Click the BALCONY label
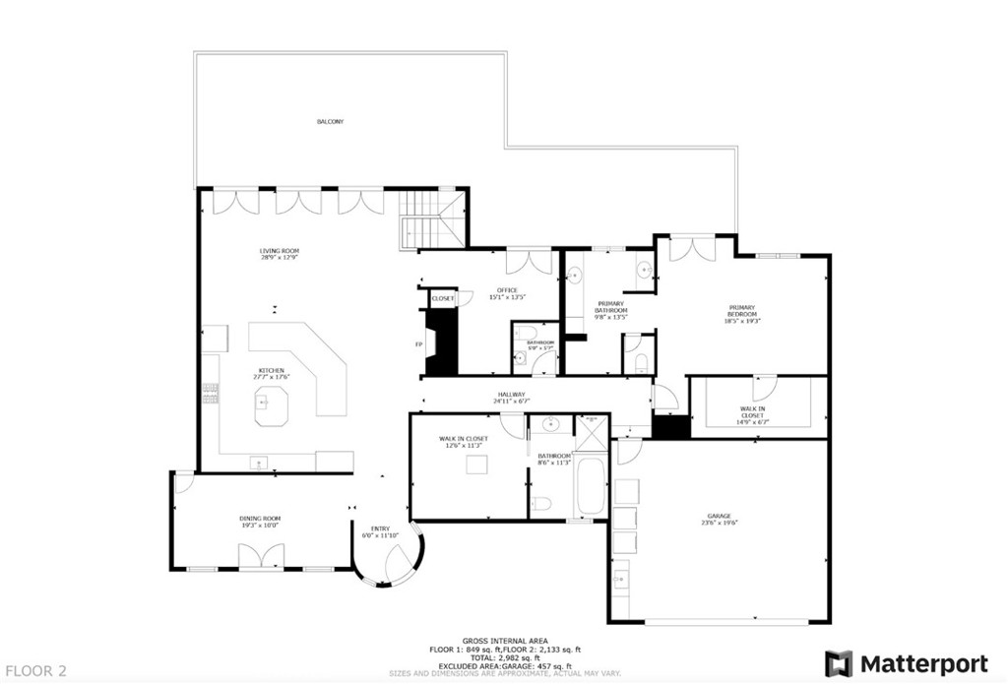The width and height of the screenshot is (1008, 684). (330, 122)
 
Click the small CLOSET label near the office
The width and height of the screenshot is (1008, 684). (443, 298)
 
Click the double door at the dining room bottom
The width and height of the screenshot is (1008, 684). (260, 558)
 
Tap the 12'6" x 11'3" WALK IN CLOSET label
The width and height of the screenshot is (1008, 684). (463, 441)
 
